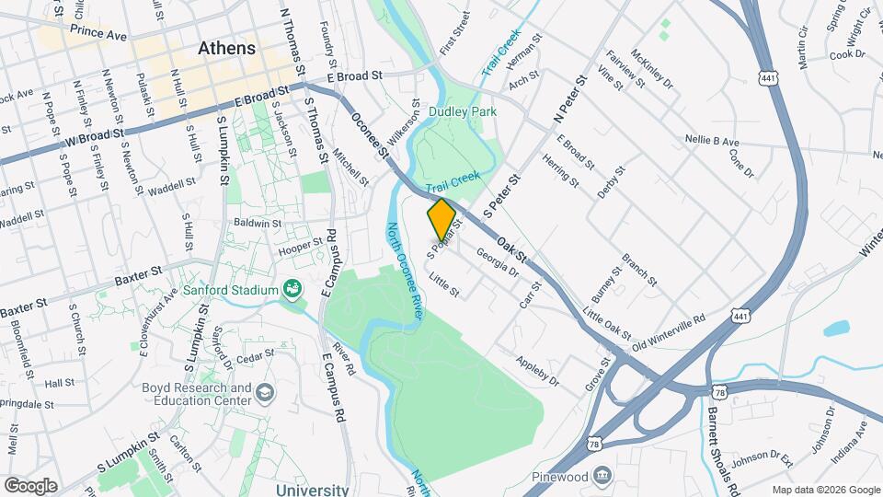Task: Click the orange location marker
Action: (x=441, y=219)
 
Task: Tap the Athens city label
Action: (x=226, y=48)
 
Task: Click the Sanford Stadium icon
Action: (x=293, y=290)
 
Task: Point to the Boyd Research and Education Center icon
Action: (x=265, y=393)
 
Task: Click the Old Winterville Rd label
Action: (x=668, y=329)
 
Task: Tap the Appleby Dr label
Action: (x=538, y=370)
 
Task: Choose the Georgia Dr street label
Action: (x=498, y=260)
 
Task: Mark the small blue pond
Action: (x=837, y=328)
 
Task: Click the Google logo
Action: (x=30, y=486)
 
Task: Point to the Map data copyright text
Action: (x=825, y=490)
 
